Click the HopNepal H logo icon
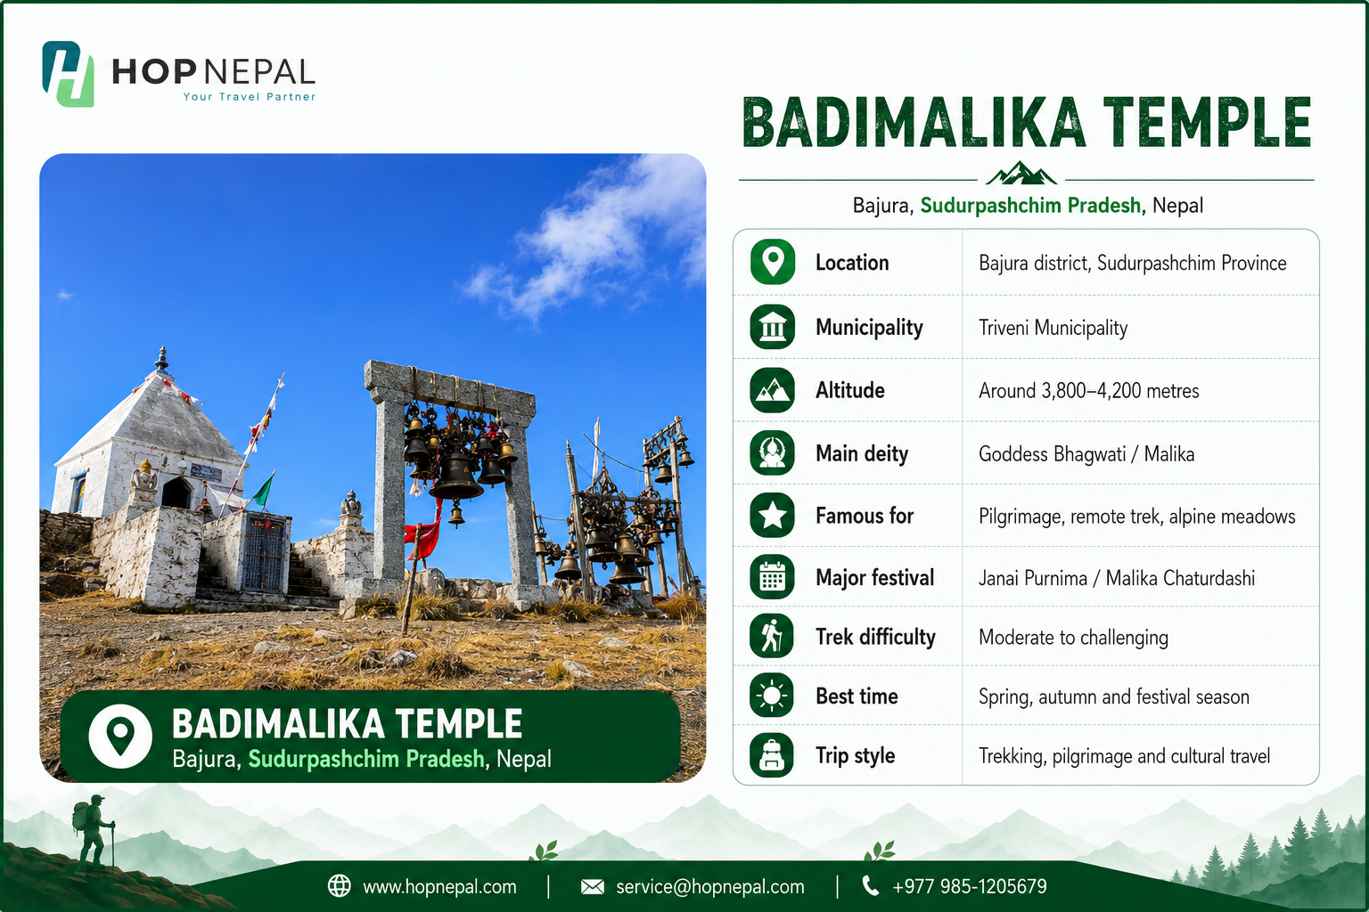[68, 74]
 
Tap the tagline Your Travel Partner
[250, 96]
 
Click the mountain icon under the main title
[1021, 173]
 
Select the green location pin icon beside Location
[773, 262]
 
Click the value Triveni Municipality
[1053, 328]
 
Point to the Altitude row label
[850, 390]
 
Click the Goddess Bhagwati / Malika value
[1086, 454]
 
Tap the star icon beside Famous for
[773, 516]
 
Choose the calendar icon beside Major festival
[773, 577]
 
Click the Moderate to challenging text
[1073, 637]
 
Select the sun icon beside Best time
[772, 696]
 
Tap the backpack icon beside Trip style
[772, 755]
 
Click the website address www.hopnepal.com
[439, 886]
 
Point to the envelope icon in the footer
[592, 886]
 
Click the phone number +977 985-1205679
[970, 886]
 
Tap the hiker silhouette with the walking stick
[94, 831]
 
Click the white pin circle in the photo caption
[120, 736]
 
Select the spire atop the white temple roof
[162, 359]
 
